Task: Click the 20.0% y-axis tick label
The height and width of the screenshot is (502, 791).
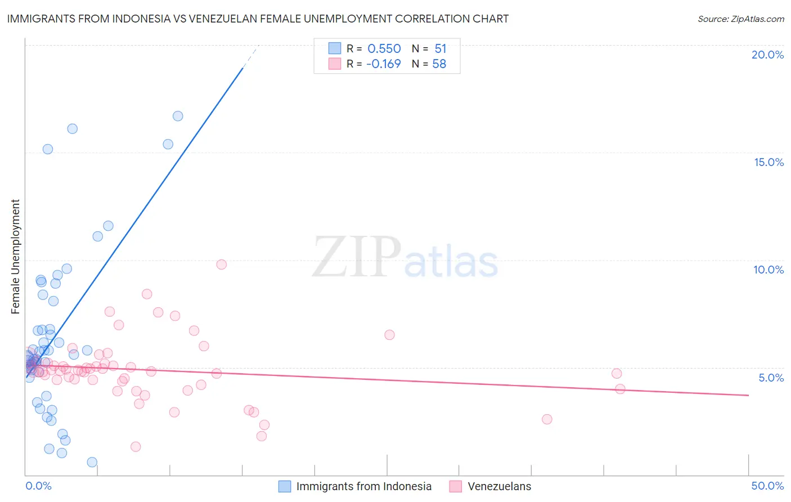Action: [767, 55]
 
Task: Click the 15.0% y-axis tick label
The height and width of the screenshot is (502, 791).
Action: [768, 162]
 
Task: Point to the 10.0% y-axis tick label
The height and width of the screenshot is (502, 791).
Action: [768, 270]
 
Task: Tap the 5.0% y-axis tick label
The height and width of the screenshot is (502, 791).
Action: [771, 378]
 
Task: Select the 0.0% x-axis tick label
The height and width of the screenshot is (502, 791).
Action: [38, 486]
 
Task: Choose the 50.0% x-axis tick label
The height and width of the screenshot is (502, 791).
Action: [767, 486]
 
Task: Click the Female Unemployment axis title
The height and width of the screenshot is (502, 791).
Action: [15, 256]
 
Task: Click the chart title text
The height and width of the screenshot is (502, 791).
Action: [258, 19]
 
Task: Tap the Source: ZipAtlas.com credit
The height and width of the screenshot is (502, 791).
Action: [740, 19]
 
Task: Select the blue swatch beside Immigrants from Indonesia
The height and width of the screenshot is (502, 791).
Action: [285, 486]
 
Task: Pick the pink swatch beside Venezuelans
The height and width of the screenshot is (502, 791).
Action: [456, 486]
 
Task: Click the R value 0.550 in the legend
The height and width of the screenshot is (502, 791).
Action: [384, 49]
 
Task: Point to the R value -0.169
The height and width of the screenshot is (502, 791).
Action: [383, 64]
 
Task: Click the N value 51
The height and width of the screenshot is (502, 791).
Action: [440, 49]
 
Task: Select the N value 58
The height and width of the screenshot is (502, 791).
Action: [439, 64]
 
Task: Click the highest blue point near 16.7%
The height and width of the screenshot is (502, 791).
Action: [178, 116]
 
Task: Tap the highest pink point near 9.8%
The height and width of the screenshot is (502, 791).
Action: [221, 265]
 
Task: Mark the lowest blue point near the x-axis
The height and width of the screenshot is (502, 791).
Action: [92, 462]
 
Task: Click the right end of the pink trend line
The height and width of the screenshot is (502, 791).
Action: [748, 395]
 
